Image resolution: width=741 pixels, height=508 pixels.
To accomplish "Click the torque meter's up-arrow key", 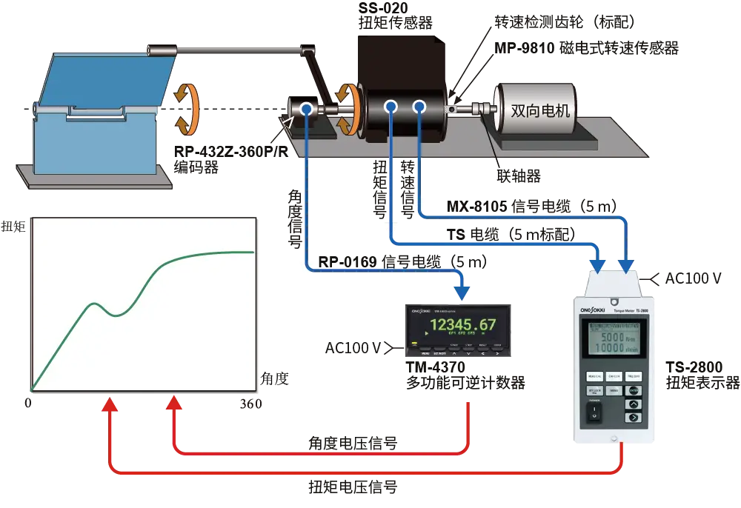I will (634, 404).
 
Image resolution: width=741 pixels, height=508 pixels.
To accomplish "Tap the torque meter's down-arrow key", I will (634, 418).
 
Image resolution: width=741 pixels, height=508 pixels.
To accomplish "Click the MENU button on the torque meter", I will (634, 390).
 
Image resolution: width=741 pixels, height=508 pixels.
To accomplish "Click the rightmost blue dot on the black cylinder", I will (419, 107).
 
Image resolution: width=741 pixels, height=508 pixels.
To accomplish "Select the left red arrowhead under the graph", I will (110, 405).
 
